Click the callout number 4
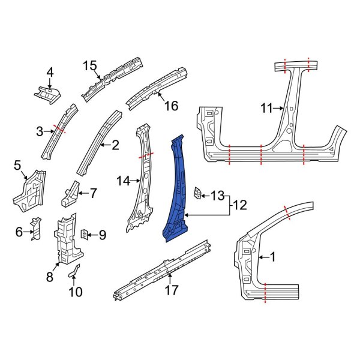point(50,73)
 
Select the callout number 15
point(89,65)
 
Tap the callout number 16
point(171,106)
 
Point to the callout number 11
point(266,109)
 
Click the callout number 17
point(172,290)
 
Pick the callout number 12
point(239,205)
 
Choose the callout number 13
point(217,195)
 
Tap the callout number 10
point(76,292)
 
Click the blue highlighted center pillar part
point(178,192)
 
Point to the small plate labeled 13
point(196,193)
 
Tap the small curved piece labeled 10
point(74,272)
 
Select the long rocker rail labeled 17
point(162,270)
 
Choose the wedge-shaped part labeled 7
point(70,193)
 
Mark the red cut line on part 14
point(145,155)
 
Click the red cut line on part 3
point(59,127)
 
